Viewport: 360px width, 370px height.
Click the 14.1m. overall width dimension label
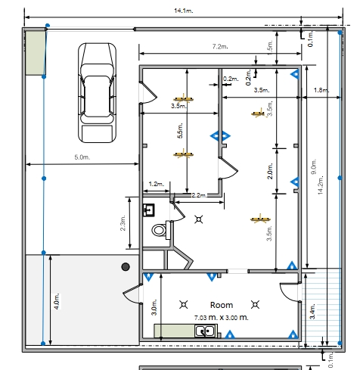[x=184, y=11]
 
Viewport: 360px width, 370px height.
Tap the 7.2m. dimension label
[x=220, y=47]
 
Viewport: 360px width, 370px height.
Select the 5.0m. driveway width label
[x=82, y=157]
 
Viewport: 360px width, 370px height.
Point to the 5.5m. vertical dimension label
[x=180, y=131]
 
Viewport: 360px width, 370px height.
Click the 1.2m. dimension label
[x=157, y=184]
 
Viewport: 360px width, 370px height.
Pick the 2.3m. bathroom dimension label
[x=123, y=223]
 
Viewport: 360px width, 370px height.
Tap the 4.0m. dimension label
[x=57, y=301]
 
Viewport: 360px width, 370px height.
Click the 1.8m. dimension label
[x=321, y=90]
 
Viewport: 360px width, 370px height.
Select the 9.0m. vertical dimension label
[x=314, y=166]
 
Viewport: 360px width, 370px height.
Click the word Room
[x=222, y=305]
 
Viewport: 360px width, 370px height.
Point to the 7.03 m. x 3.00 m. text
[x=222, y=318]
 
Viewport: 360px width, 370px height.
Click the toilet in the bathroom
[x=160, y=230]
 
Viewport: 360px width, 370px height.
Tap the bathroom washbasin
[x=149, y=210]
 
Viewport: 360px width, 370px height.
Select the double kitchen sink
[x=206, y=331]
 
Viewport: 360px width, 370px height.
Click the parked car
[x=98, y=92]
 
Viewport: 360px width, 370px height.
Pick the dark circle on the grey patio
[x=126, y=266]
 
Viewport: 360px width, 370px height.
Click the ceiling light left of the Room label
[x=184, y=305]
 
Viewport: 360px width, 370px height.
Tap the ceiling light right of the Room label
[x=255, y=305]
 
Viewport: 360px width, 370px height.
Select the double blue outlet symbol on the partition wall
[x=220, y=136]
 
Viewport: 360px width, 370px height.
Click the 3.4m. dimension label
[x=312, y=312]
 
